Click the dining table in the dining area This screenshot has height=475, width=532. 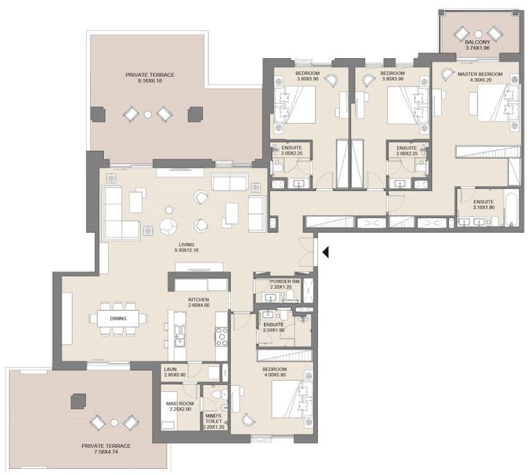118,319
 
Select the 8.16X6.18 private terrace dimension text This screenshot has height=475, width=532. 150,81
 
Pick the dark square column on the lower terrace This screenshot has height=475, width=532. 78,401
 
